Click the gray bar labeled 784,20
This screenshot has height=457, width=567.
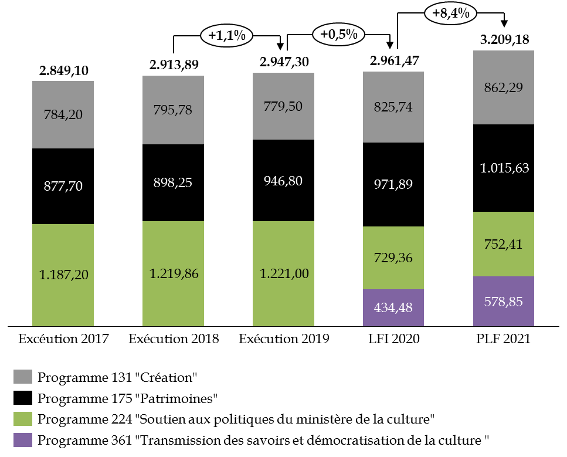63,114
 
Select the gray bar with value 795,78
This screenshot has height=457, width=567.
173,110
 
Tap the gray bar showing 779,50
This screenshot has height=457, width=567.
283,106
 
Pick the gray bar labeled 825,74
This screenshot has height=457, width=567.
393,107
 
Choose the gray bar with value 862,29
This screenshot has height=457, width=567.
503,87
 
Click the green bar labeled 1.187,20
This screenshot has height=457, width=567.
63,275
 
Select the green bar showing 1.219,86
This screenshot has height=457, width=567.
173,273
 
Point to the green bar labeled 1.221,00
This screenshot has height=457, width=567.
283,273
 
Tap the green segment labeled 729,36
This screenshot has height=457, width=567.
393,258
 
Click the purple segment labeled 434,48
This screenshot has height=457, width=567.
393,307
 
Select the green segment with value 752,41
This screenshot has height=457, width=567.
503,244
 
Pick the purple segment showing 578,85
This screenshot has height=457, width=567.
503,301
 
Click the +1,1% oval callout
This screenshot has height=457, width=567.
226,36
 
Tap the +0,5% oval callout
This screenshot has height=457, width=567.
339,34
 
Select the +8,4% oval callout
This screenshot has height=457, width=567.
450,13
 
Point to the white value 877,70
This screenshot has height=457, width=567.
63,187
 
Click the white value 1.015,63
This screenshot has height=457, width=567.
504,168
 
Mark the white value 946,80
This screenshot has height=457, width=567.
283,181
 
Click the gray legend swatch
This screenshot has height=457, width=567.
23,377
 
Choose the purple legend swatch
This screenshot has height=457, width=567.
23,440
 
